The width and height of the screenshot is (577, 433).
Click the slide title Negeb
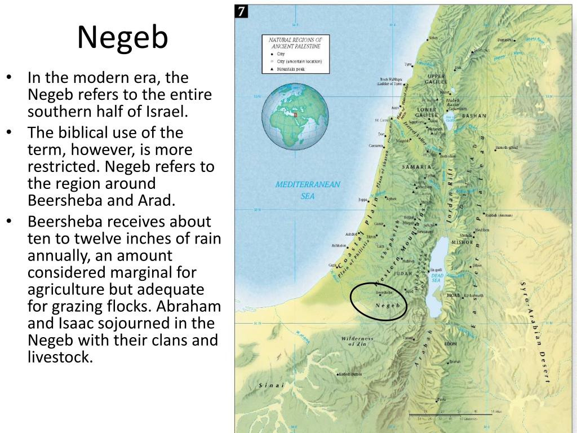click(123, 37)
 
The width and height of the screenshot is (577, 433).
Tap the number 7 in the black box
click(241, 11)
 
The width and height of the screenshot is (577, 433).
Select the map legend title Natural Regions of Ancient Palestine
click(295, 43)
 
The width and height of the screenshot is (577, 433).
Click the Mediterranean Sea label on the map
click(308, 190)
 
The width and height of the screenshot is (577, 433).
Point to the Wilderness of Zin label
click(357, 341)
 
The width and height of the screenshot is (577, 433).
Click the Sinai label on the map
click(272, 386)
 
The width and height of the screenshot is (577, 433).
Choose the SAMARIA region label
click(417, 167)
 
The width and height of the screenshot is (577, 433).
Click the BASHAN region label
click(474, 116)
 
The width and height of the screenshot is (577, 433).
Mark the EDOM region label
click(450, 344)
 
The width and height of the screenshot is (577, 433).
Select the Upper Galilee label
click(436, 79)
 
